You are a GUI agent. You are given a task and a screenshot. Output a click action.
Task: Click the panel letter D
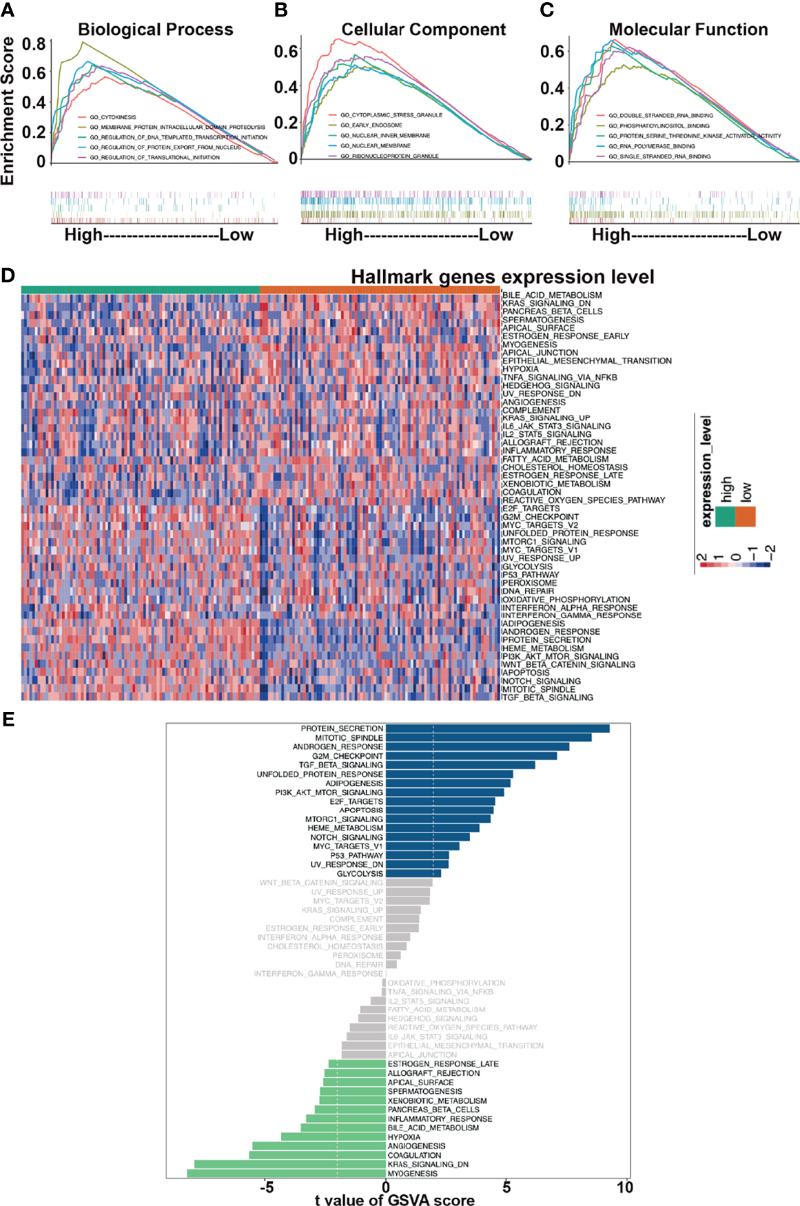pyautogui.click(x=8, y=275)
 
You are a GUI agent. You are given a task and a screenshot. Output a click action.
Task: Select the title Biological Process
pyautogui.click(x=155, y=30)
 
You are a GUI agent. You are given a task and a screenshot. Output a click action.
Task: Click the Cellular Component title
pyautogui.click(x=423, y=30)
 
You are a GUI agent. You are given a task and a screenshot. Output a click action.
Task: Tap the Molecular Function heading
pyautogui.click(x=688, y=30)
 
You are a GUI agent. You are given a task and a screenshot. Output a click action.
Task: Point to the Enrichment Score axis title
pyautogui.click(x=8, y=110)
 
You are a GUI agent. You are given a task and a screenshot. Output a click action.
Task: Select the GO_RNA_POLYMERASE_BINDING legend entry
pyautogui.click(x=651, y=146)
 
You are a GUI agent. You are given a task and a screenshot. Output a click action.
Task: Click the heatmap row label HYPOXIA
pyautogui.click(x=521, y=369)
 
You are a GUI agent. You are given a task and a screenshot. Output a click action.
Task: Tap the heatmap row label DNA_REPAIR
pyautogui.click(x=529, y=591)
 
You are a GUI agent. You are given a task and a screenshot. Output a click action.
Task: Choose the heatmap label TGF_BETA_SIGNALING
pyautogui.click(x=548, y=697)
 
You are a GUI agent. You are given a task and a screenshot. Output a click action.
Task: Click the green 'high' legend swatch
pyautogui.click(x=726, y=516)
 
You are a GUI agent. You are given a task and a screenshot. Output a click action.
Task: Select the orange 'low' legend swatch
pyautogui.click(x=746, y=516)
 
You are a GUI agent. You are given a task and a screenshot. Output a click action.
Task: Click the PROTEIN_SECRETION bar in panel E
pyautogui.click(x=497, y=728)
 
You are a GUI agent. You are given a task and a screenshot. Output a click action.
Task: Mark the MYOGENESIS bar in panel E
pyautogui.click(x=286, y=1174)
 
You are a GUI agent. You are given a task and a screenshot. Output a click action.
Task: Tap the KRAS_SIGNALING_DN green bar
pyautogui.click(x=289, y=1164)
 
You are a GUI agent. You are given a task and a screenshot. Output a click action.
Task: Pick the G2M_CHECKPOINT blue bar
pyautogui.click(x=471, y=756)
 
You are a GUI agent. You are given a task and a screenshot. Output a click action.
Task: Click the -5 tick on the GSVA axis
pyautogui.click(x=266, y=1187)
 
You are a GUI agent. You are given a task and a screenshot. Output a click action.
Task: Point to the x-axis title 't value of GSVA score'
pyautogui.click(x=394, y=1200)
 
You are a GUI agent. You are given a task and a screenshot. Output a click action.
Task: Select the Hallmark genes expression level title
pyautogui.click(x=502, y=277)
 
